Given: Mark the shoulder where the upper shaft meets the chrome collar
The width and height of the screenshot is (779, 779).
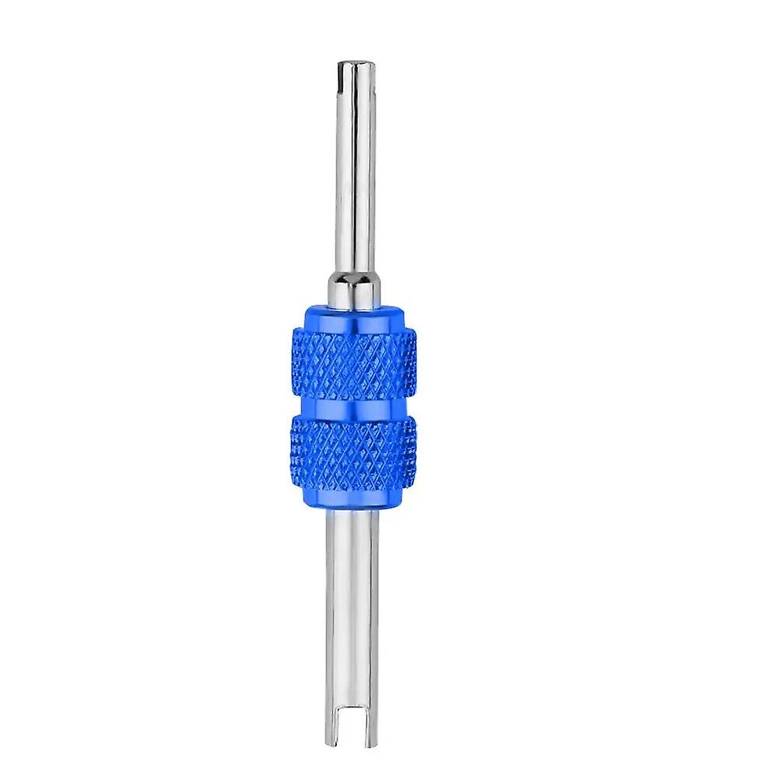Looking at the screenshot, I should (x=354, y=274).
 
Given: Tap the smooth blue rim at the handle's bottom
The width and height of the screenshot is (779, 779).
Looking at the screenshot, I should (x=354, y=498).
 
